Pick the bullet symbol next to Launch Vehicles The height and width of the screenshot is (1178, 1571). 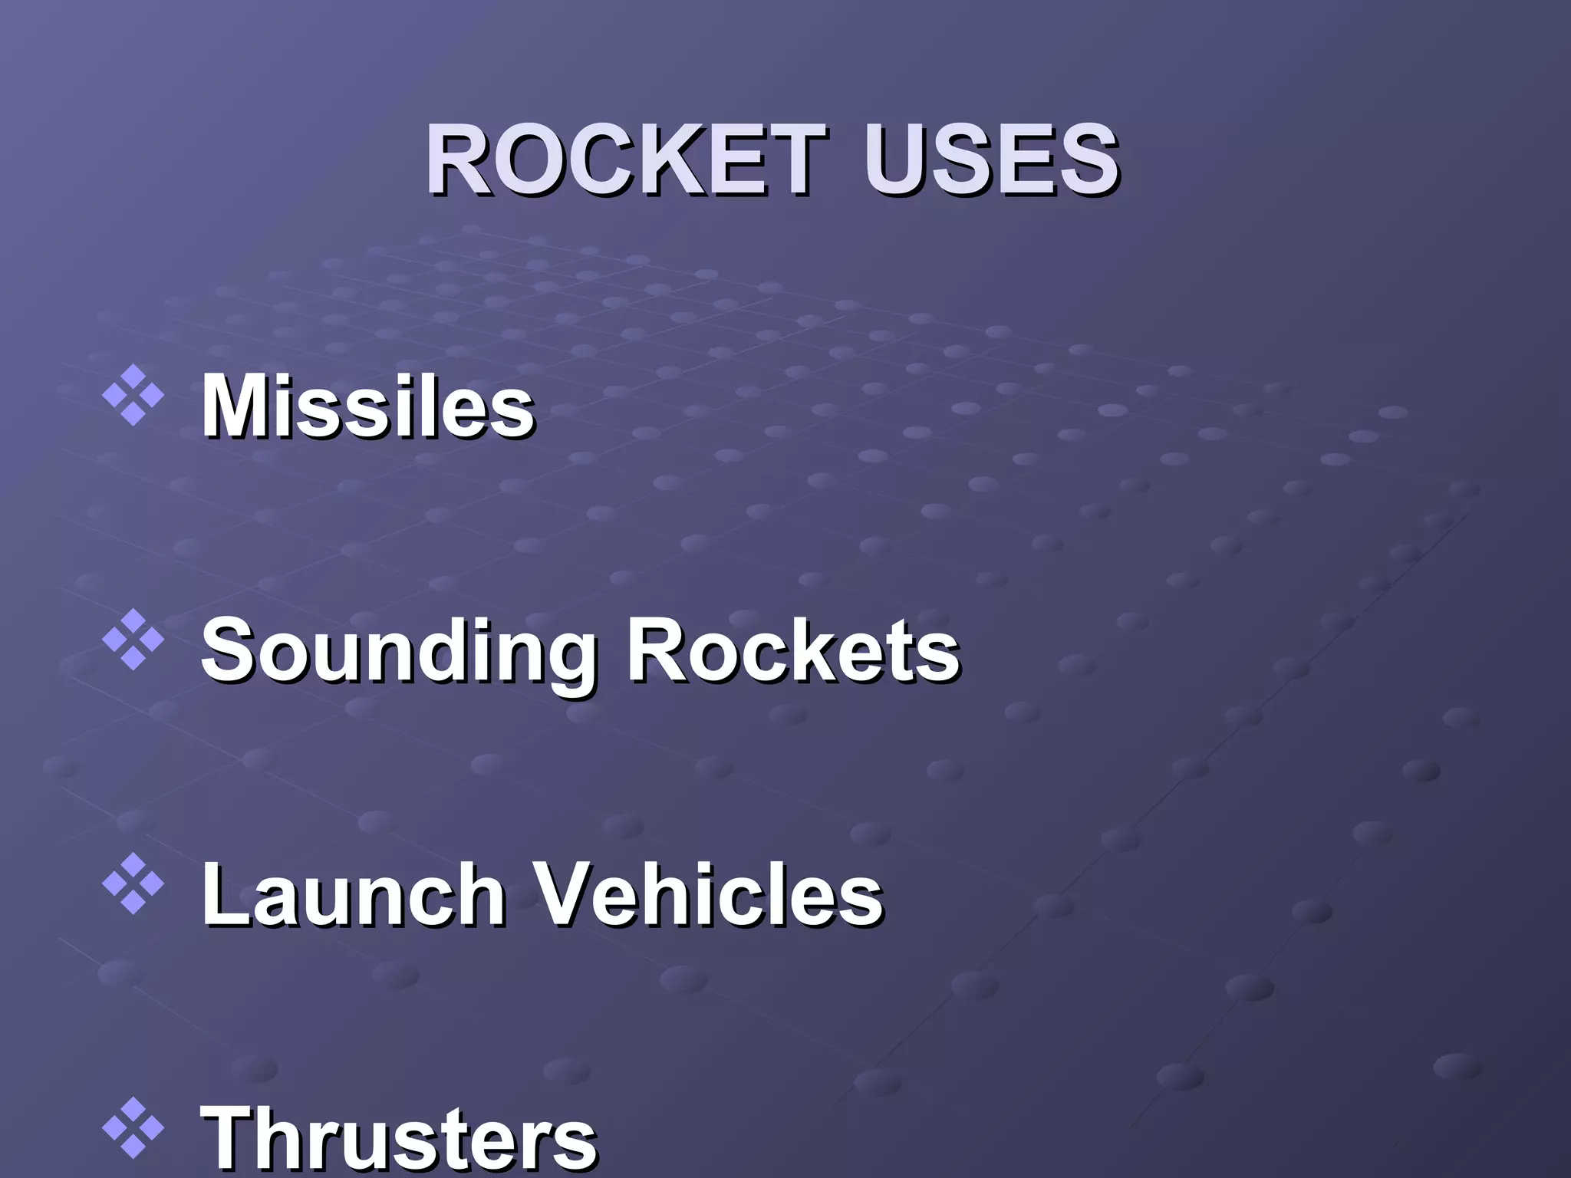click(133, 883)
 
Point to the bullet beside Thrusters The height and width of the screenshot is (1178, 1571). click(133, 1127)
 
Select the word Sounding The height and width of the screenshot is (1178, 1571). click(398, 652)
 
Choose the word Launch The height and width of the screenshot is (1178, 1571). click(353, 893)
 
